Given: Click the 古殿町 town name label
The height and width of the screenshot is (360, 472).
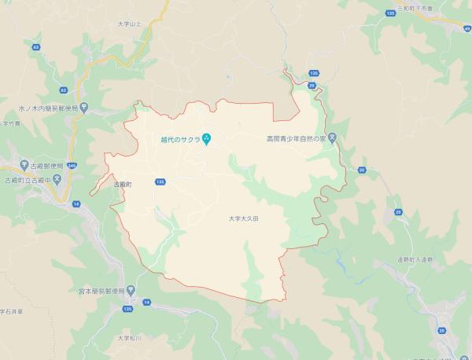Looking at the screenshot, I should pyautogui.click(x=124, y=182).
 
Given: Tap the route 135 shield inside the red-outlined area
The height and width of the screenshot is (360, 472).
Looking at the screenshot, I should pyautogui.click(x=160, y=182).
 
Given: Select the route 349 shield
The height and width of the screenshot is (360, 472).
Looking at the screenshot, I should pyautogui.click(x=73, y=165).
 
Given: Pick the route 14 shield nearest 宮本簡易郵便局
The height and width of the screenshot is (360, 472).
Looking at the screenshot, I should pyautogui.click(x=146, y=301).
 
